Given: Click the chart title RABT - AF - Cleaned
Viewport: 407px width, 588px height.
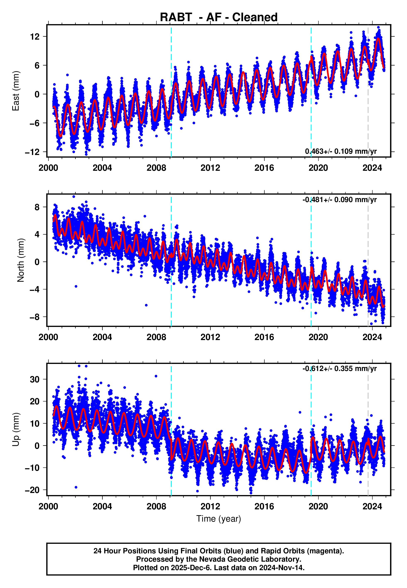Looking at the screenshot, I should click(x=219, y=17).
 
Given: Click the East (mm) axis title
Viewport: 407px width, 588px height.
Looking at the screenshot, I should click(x=16, y=91).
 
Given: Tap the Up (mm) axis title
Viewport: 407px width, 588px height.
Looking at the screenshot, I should click(x=16, y=429).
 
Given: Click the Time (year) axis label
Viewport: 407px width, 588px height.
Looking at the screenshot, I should click(x=219, y=519).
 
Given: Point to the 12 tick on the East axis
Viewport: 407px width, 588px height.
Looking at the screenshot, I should click(x=35, y=37).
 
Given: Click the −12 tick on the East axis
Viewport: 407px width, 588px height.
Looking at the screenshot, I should click(x=32, y=152).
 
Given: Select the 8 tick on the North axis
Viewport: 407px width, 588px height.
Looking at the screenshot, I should click(x=37, y=207).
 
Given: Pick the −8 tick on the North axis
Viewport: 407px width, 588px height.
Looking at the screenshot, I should click(x=35, y=317).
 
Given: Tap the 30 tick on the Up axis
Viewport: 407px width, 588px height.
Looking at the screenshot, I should click(x=35, y=379).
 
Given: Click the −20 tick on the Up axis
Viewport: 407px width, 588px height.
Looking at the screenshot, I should click(x=32, y=490).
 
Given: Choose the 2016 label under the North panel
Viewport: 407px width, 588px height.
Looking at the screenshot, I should click(x=264, y=337).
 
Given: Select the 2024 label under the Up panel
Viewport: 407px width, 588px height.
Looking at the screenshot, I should click(x=372, y=506).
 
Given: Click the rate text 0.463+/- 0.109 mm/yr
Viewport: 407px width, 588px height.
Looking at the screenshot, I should click(x=341, y=151).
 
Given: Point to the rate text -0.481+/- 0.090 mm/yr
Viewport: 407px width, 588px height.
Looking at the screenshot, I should click(x=339, y=200).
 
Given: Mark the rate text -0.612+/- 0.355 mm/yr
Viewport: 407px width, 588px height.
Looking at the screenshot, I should click(x=339, y=369).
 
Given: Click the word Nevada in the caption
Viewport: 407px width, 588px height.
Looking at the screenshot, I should click(x=211, y=559).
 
